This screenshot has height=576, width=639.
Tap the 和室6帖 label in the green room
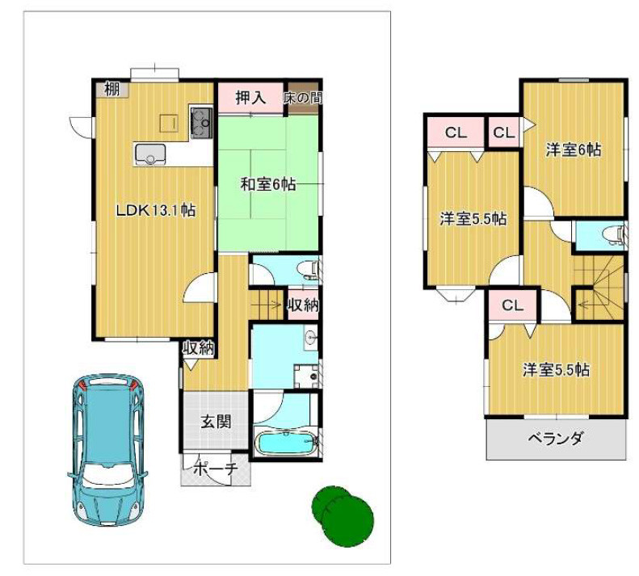click(x=267, y=184)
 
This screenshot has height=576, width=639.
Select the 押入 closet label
click(x=250, y=99)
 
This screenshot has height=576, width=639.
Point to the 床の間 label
click(x=303, y=98)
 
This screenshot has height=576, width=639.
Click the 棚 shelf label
click(x=111, y=89)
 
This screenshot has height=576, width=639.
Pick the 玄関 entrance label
click(x=217, y=421)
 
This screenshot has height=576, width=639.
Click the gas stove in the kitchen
click(x=200, y=124)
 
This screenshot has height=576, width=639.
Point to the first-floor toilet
click(x=306, y=269)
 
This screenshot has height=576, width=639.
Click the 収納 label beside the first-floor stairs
click(x=303, y=305)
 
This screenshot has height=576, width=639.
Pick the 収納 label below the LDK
click(x=198, y=348)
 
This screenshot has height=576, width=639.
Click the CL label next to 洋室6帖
click(x=503, y=132)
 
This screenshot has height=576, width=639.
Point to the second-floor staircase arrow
click(x=583, y=305)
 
